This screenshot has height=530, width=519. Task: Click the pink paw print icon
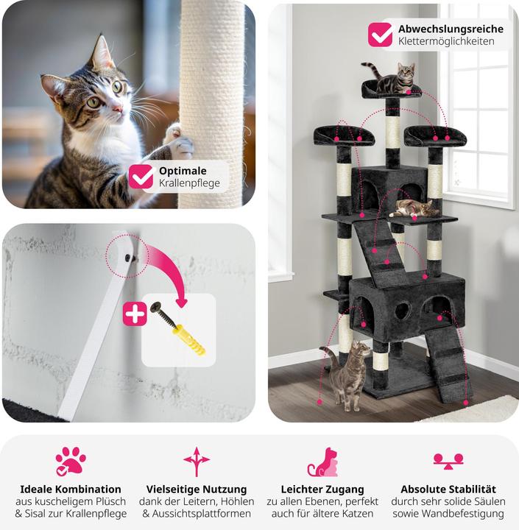(x=71, y=461)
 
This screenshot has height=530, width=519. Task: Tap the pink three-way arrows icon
(x=197, y=462)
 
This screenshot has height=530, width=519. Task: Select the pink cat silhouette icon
(x=323, y=462)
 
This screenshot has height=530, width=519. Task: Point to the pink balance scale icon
(x=448, y=462)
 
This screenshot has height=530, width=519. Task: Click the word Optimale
(x=183, y=171)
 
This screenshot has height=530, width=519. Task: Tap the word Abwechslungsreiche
(x=451, y=29)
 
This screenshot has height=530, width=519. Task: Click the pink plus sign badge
(x=135, y=314)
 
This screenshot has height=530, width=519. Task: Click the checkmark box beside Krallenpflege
(x=141, y=177)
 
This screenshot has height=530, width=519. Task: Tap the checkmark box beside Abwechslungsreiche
(x=381, y=35)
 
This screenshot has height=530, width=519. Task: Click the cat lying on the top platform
(x=392, y=78)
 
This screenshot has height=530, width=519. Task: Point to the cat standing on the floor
(x=347, y=375)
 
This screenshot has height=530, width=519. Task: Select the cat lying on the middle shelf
(x=414, y=208)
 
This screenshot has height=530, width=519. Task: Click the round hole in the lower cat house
(x=403, y=311)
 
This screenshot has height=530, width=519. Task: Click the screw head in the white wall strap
(x=129, y=258)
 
